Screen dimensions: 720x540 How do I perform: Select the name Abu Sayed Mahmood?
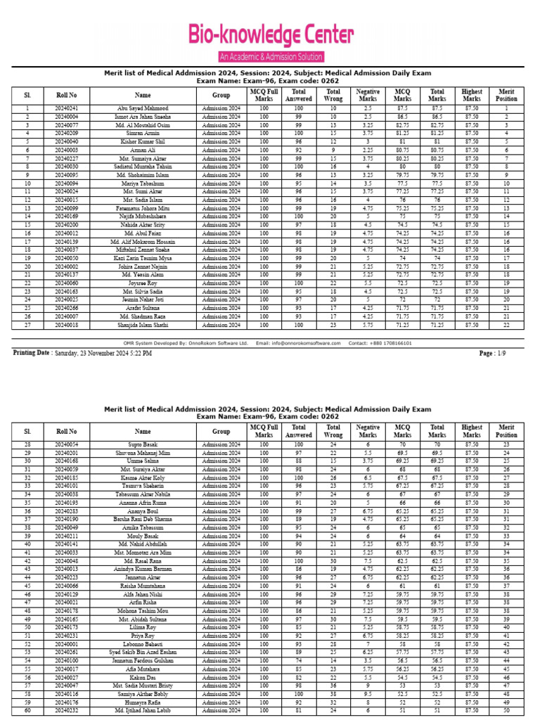[x=143, y=108]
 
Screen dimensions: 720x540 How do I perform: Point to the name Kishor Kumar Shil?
[x=143, y=141]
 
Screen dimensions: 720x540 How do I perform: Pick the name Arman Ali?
[x=143, y=150]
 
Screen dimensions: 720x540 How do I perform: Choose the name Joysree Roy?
[x=143, y=283]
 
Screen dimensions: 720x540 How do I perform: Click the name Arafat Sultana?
[x=143, y=308]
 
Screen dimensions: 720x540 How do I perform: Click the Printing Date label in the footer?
[x=32, y=353]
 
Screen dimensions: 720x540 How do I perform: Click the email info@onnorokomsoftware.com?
[x=298, y=343]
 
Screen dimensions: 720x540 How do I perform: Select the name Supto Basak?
[x=143, y=445]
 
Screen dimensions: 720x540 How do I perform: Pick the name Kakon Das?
[x=143, y=677]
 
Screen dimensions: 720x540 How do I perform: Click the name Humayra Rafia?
[x=143, y=702]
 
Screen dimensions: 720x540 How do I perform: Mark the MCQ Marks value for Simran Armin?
[x=403, y=133]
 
